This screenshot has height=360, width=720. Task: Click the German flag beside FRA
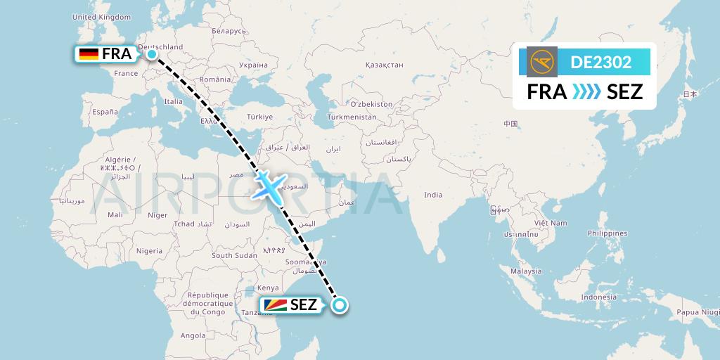[89, 54]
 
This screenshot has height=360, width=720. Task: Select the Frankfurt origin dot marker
[151, 53]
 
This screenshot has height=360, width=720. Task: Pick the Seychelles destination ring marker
[340, 305]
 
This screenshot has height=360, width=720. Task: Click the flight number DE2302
[600, 62]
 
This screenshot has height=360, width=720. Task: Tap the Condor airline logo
[541, 62]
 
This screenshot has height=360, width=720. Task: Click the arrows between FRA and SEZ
[586, 91]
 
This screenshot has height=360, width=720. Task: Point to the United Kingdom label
[101, 16]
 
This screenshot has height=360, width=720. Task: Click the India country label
[433, 195]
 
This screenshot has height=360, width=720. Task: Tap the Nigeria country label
[149, 250]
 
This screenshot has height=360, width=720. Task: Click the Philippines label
[608, 233]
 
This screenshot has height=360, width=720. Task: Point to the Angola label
[193, 336]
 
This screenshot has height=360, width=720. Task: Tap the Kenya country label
[268, 288]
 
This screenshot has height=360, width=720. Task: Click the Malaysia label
[526, 271]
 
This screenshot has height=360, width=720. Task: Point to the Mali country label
[115, 214]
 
